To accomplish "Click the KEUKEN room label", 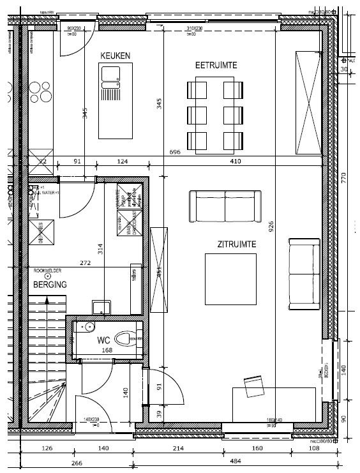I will pos(116,56).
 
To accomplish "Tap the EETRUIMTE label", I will pos(217,65).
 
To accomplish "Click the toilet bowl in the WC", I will pos(130,336).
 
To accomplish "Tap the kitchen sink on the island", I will pos(110,81).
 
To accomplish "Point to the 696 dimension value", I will pos(176,153).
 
